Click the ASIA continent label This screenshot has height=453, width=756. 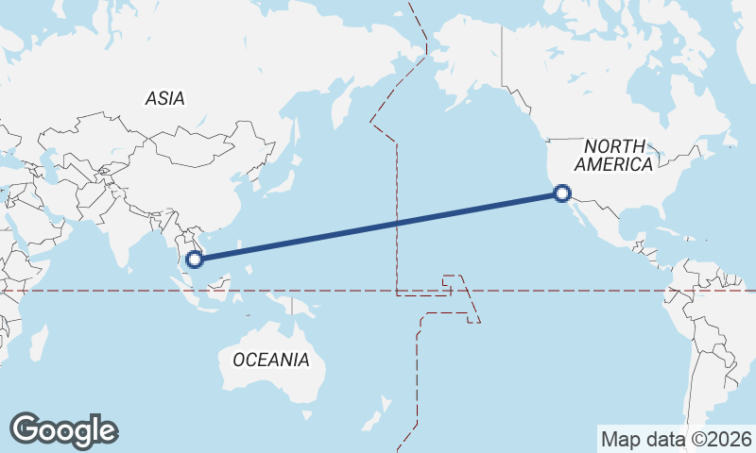click(164, 98)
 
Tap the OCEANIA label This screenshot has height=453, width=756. click(270, 360)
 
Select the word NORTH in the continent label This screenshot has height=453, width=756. click(614, 146)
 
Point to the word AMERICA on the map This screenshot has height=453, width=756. click(614, 164)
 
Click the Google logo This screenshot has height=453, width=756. click(63, 429)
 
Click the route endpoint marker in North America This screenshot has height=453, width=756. click(562, 194)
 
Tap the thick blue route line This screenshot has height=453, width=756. click(378, 226)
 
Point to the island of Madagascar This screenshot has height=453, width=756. click(38, 344)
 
